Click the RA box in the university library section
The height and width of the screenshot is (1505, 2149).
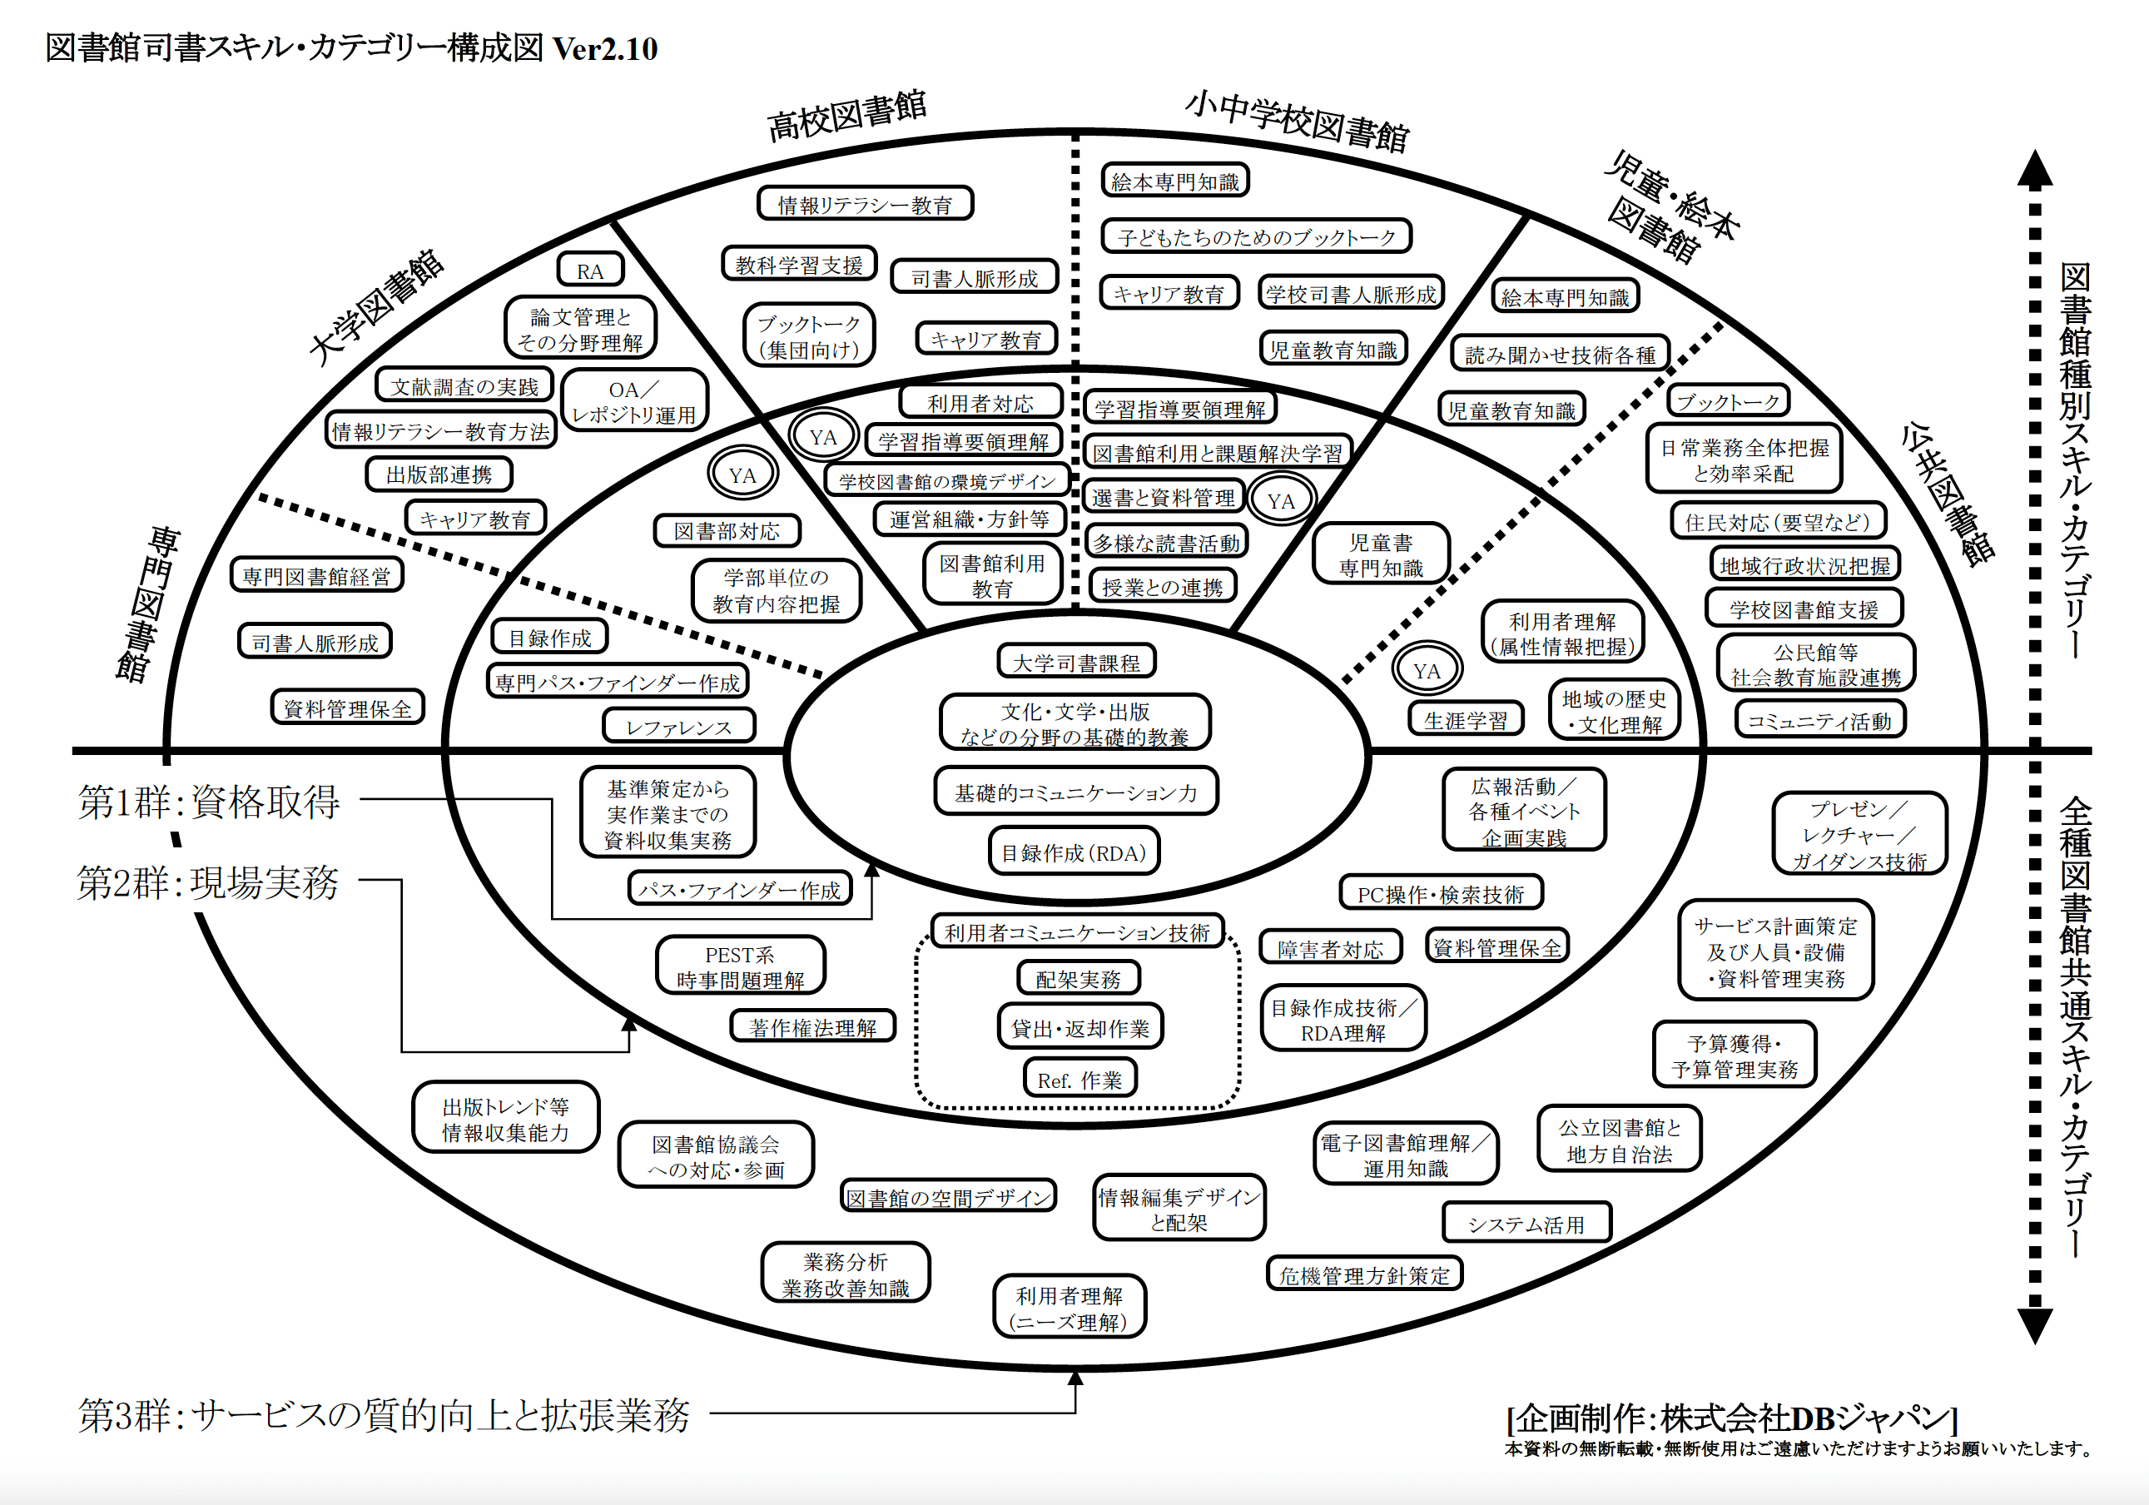tap(589, 271)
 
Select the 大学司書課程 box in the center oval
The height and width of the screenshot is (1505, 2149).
tap(1076, 662)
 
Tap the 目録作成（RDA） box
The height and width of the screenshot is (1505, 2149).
tap(1074, 852)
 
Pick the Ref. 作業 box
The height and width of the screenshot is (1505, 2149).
tap(1079, 1079)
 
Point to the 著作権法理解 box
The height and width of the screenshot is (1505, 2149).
tap(812, 1026)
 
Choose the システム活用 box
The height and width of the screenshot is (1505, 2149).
tap(1526, 1224)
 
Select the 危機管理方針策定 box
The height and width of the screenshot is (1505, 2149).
tap(1363, 1274)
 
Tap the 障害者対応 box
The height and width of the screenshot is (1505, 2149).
tap(1330, 949)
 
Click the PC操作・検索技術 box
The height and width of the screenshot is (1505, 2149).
tap(1441, 894)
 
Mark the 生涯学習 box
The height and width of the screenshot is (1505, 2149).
tap(1466, 720)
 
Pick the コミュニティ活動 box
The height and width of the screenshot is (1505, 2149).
tap(1819, 721)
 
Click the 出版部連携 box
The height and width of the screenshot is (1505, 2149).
tap(439, 474)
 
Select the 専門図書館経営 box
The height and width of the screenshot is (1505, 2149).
tap(316, 575)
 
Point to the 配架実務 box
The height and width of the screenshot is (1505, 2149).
tap(1078, 979)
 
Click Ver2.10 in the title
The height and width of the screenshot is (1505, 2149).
tap(604, 48)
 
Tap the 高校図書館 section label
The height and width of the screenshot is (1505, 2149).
tap(847, 116)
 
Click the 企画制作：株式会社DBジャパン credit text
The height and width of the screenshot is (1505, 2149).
tap(1731, 1418)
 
